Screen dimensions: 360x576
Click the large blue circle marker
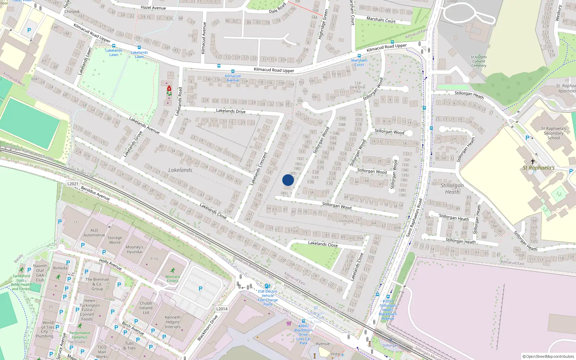pos(288,180)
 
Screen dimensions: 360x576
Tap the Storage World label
pos(114,240)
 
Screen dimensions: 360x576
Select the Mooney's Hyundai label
pos(134,249)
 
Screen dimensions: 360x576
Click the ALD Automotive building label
pos(94,233)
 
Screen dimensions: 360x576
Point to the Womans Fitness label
pos(173,279)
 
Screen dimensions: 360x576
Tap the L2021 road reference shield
pos(73,184)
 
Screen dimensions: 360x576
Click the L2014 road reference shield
pos(222,309)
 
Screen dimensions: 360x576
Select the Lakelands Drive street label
pos(231,111)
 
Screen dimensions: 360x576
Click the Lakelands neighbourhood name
pos(180,170)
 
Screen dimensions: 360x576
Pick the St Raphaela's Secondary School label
pos(554,133)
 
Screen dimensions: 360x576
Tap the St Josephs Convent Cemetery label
pos(478,61)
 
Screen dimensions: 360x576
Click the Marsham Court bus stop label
pos(359,62)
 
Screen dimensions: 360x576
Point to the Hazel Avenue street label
pos(153,8)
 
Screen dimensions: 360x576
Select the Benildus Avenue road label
pos(95,193)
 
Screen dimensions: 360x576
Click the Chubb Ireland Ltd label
pos(146,308)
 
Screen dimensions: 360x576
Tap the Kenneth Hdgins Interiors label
pos(173,322)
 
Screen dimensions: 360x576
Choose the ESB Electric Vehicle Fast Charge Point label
pos(267,298)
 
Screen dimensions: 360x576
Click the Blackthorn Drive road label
pos(208,328)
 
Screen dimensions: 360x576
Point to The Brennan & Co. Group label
pos(97,284)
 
